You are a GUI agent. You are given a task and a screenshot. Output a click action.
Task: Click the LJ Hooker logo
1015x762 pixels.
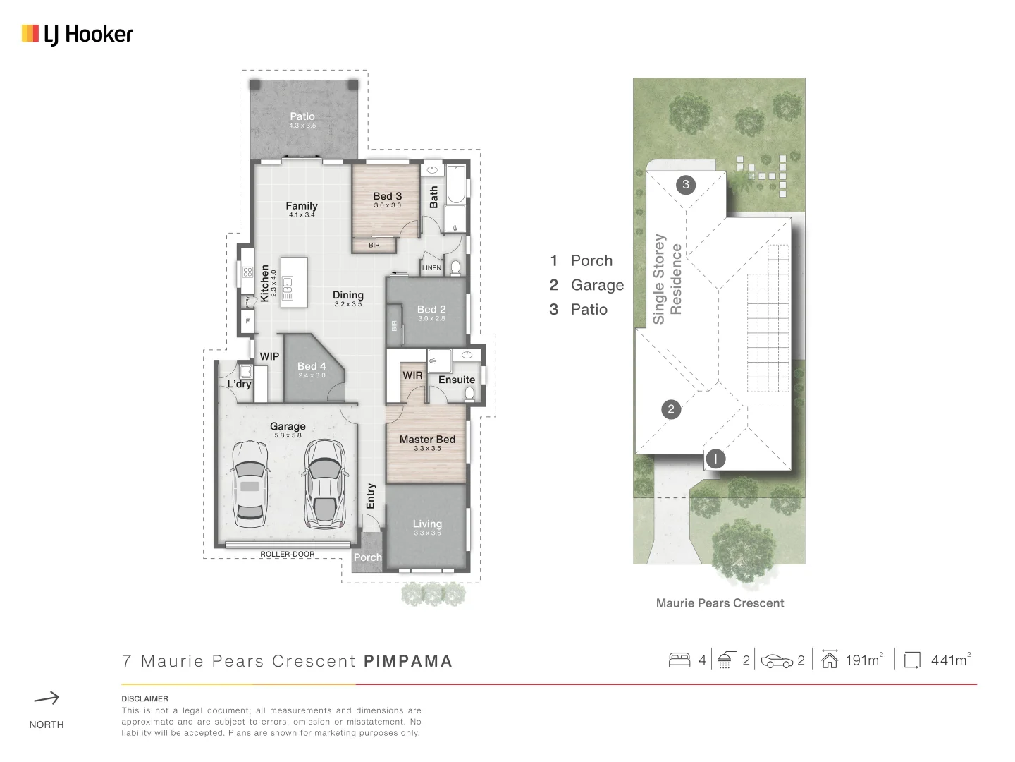click(x=78, y=34)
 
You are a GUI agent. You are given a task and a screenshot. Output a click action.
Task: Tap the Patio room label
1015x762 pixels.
click(x=302, y=116)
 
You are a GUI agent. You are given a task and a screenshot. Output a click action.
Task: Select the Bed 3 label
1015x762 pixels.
click(x=387, y=196)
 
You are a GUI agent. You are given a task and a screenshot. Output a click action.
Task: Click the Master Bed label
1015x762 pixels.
click(x=427, y=440)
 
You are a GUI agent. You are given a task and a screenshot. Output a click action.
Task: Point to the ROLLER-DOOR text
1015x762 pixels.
click(x=288, y=554)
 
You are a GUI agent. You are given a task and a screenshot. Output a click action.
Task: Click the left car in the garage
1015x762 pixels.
click(x=250, y=485)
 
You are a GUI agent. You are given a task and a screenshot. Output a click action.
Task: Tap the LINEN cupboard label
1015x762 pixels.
click(x=431, y=268)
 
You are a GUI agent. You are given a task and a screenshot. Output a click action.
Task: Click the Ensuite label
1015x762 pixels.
click(x=456, y=380)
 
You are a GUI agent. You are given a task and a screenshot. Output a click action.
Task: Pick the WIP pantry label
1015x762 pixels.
click(x=269, y=356)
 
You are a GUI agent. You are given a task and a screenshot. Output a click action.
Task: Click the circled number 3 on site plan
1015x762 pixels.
click(x=686, y=185)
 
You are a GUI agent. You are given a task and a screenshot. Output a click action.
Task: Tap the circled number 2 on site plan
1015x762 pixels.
click(x=671, y=409)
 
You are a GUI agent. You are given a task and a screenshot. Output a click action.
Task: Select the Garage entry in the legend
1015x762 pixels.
click(x=596, y=285)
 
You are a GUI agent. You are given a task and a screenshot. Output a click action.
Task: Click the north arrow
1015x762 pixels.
click(x=47, y=698)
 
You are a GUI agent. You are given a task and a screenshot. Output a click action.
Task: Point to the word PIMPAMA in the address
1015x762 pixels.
click(x=408, y=661)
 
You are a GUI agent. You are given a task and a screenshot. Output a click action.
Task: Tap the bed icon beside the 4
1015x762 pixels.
click(x=679, y=660)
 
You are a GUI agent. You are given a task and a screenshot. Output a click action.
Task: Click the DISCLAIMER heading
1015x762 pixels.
click(x=144, y=698)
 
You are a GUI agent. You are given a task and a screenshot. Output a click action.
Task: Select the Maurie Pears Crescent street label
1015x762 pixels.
click(x=720, y=603)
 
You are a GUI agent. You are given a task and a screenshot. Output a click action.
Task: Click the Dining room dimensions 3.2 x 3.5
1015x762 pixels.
click(x=348, y=304)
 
